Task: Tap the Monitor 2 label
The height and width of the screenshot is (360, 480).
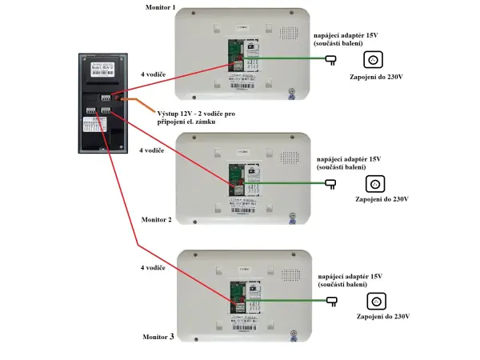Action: (x=157, y=219)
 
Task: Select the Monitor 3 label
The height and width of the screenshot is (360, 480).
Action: (x=158, y=338)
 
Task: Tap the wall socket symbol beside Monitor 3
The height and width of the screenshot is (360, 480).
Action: (x=374, y=301)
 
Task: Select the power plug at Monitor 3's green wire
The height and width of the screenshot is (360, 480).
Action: (x=331, y=301)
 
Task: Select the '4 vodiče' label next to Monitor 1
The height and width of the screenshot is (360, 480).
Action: (x=152, y=74)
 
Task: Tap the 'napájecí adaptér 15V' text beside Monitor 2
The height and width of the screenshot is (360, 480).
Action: (x=349, y=158)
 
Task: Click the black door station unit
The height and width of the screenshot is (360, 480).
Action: (x=102, y=102)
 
